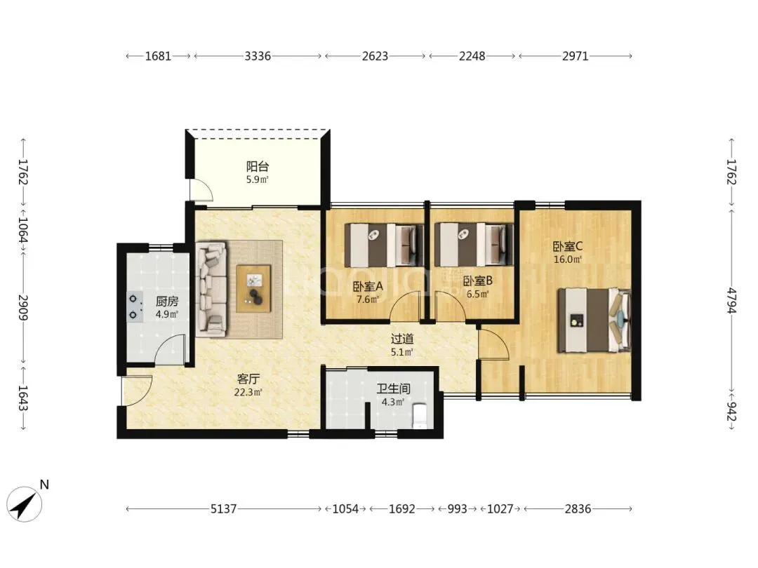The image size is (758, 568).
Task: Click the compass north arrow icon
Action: (x=25, y=504)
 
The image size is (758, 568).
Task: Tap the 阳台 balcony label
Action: (x=257, y=167)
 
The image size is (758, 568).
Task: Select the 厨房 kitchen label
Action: (x=167, y=302)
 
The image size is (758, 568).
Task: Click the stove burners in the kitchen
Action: (x=134, y=307)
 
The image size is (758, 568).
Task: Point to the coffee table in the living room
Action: (x=254, y=288)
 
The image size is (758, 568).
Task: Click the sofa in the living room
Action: (x=211, y=290)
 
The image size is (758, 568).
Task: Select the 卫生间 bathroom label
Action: (x=393, y=388)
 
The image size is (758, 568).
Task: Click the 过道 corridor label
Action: (x=401, y=339)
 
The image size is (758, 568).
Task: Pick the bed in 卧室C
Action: (x=594, y=320)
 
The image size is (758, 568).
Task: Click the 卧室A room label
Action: (x=368, y=286)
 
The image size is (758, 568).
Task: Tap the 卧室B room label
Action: (x=478, y=280)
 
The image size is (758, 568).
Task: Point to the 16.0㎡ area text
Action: (x=568, y=259)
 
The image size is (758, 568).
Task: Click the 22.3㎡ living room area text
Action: (x=248, y=392)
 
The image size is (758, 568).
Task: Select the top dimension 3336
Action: (x=257, y=56)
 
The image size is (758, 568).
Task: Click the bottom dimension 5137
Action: (x=223, y=508)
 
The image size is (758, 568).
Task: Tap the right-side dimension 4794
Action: (x=731, y=300)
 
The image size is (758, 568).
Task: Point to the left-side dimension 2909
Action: (x=23, y=308)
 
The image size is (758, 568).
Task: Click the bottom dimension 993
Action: (x=458, y=508)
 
